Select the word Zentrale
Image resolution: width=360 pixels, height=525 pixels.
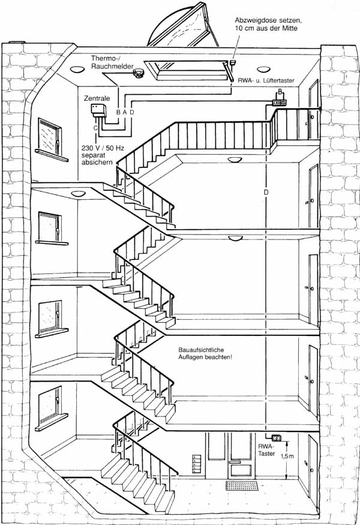coord(97,99)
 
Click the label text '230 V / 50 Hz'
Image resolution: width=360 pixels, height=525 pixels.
coord(103,148)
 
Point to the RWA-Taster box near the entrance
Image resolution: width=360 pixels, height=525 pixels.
coord(276,437)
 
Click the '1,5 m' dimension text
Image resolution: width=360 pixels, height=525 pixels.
coord(287,457)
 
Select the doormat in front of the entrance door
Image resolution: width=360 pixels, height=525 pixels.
coord(242,485)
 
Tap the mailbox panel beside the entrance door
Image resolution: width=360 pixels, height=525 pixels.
coord(197,464)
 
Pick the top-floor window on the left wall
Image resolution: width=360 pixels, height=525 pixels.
coord(50,136)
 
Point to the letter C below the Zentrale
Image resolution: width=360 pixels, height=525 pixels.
coord(95,128)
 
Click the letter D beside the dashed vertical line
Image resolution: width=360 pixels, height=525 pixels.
coord(266,192)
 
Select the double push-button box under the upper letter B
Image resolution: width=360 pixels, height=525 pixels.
coord(280,103)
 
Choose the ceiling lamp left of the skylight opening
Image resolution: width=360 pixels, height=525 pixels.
coord(77,70)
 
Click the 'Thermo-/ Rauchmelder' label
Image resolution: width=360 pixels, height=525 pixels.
coord(112,62)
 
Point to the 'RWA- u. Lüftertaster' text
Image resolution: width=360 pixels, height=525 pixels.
coord(266,80)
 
